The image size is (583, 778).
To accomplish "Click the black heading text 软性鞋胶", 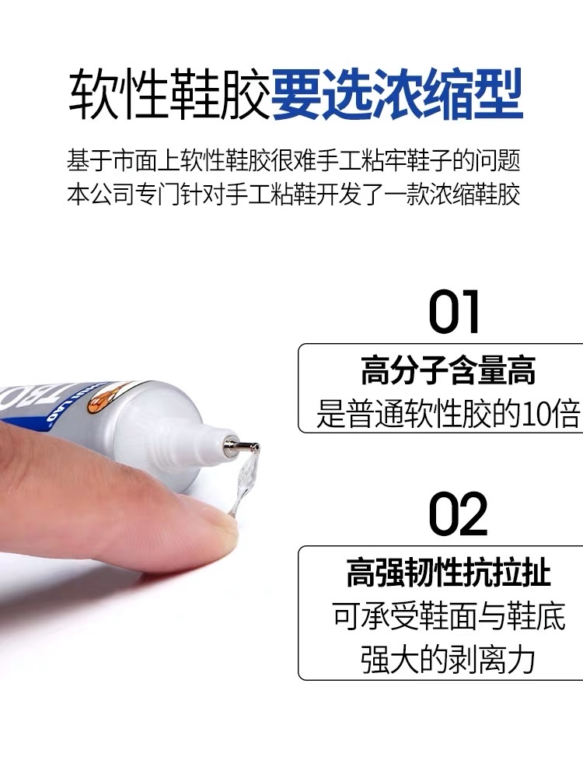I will [169, 96].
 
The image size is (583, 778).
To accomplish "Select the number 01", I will [455, 312].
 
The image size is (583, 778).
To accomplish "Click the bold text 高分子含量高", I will [449, 371].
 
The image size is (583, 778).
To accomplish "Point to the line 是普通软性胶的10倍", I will [449, 412].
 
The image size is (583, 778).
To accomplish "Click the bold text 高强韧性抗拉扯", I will [449, 573].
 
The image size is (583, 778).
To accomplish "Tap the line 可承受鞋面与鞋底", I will [449, 616].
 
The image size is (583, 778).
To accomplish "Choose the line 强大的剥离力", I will [449, 659].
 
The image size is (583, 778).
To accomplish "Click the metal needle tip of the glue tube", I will [247, 447].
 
